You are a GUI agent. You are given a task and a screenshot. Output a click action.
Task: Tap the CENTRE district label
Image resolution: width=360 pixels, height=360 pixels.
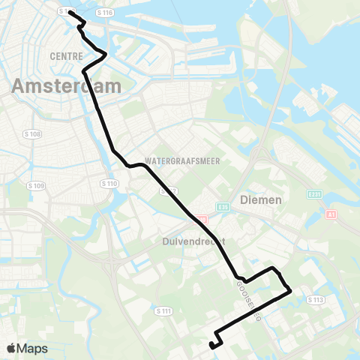pyautogui.click(x=65, y=56)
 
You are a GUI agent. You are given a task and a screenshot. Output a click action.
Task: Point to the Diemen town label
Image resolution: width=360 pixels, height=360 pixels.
pyautogui.click(x=260, y=200)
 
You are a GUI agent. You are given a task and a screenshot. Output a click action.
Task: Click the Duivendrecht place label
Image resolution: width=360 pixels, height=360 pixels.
pyautogui.click(x=193, y=241)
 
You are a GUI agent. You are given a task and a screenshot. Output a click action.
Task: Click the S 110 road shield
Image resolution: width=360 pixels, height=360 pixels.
pyautogui.click(x=109, y=183)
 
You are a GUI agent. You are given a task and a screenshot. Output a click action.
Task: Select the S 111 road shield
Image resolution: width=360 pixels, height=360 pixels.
pyautogui.click(x=163, y=310)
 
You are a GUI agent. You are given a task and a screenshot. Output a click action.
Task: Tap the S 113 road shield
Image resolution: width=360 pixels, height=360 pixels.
pyautogui.click(x=315, y=299)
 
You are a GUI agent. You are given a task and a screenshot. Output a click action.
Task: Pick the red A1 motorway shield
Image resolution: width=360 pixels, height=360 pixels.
pyautogui.click(x=330, y=214)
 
